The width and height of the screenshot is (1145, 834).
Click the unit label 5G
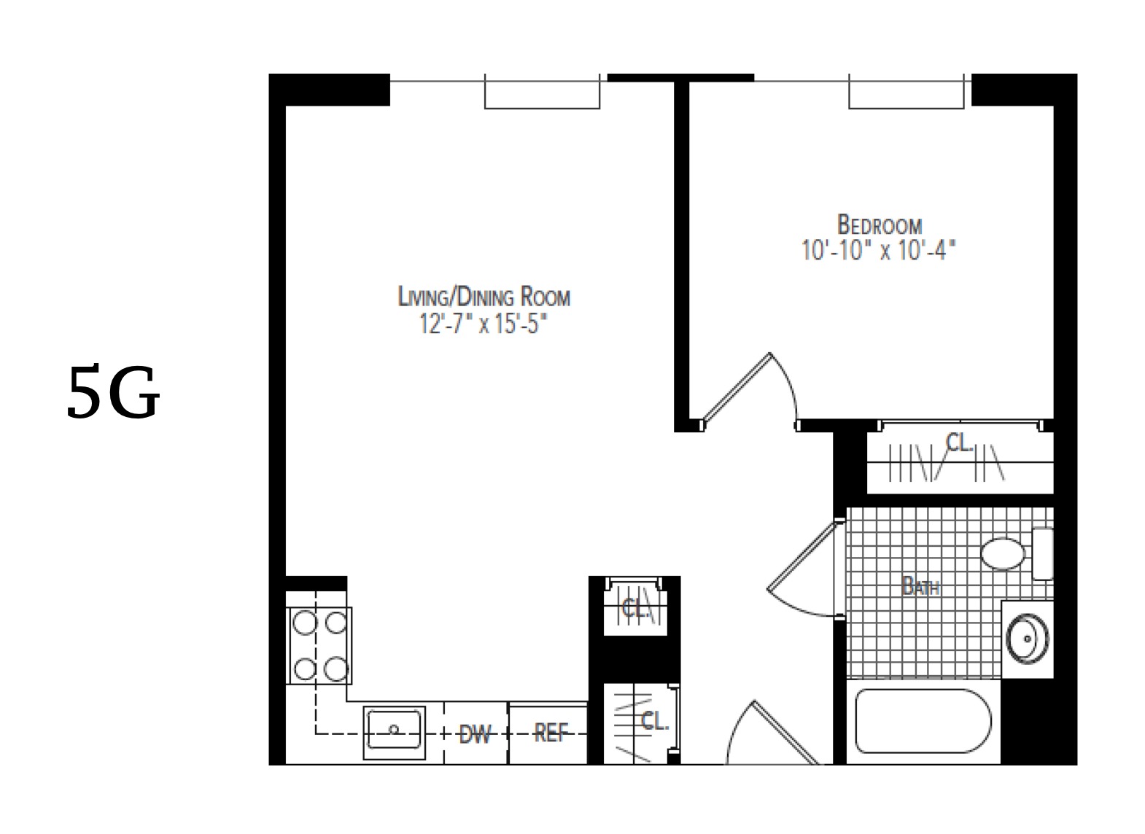[113, 394]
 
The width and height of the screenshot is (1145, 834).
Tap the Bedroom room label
[879, 224]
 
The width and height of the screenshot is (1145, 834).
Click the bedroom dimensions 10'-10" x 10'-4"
[878, 251]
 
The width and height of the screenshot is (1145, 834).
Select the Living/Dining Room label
[484, 297]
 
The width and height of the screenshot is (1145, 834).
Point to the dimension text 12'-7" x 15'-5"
[483, 324]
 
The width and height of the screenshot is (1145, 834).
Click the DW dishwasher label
[475, 734]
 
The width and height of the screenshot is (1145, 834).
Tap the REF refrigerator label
[549, 733]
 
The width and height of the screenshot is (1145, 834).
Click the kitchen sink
[395, 728]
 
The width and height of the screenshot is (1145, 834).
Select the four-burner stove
[319, 646]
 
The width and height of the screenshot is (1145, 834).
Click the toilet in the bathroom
[1004, 554]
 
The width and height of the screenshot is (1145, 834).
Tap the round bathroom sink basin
[1027, 639]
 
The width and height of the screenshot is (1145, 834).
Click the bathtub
[923, 721]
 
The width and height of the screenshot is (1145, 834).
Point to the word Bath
[920, 585]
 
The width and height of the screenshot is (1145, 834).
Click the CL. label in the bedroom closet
[960, 442]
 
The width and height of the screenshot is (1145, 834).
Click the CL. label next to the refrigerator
[654, 722]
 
